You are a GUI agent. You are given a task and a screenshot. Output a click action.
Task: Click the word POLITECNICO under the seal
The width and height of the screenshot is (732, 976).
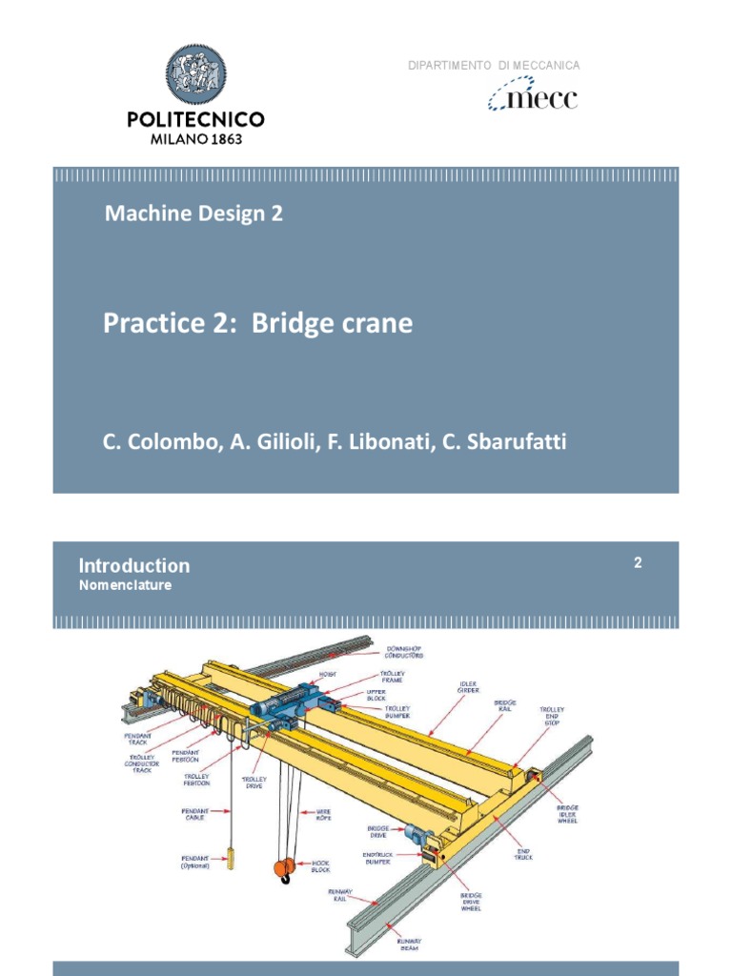(x=195, y=119)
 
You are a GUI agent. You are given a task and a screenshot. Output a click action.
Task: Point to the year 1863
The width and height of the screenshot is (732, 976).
(x=222, y=138)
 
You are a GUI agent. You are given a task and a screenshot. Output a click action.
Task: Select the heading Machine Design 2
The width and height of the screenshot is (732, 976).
(x=193, y=213)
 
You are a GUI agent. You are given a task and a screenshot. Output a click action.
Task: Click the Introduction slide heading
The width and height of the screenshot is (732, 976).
(x=134, y=565)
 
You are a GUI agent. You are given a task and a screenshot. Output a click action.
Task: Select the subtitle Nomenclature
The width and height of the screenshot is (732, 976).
(x=125, y=585)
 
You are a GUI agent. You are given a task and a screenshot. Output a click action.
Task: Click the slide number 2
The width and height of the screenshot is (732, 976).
(x=638, y=563)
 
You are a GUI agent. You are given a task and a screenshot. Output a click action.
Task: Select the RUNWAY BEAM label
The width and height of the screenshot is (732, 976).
(x=410, y=945)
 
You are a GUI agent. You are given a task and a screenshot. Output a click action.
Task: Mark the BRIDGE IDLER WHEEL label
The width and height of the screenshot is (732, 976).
(x=568, y=813)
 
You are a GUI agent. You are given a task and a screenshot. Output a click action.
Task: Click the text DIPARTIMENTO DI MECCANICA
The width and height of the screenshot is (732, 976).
(x=494, y=65)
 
